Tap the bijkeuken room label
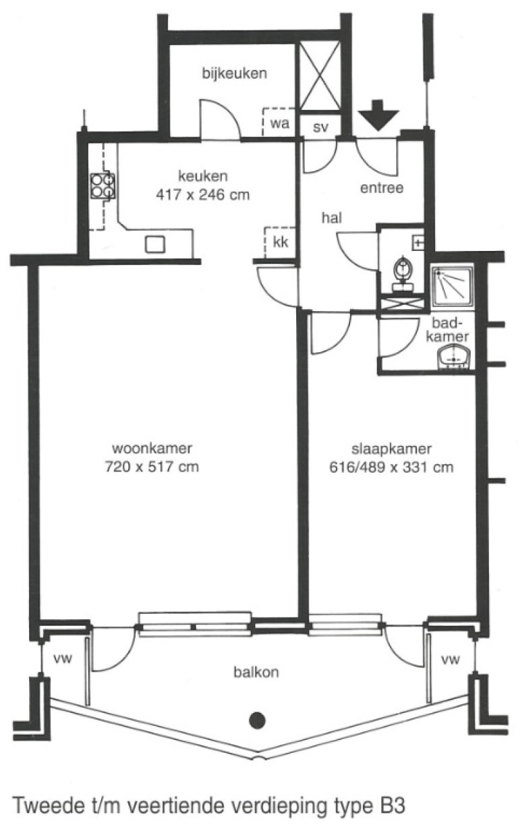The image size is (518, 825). [235, 73]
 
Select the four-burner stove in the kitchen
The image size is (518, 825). [103, 186]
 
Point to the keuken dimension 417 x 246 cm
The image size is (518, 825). [202, 196]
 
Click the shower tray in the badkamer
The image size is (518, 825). [452, 286]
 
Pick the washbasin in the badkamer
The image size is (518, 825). [455, 356]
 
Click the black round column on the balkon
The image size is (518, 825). [256, 720]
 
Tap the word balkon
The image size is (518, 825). [256, 672]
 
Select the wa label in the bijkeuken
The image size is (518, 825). [279, 123]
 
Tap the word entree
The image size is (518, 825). [382, 188]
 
